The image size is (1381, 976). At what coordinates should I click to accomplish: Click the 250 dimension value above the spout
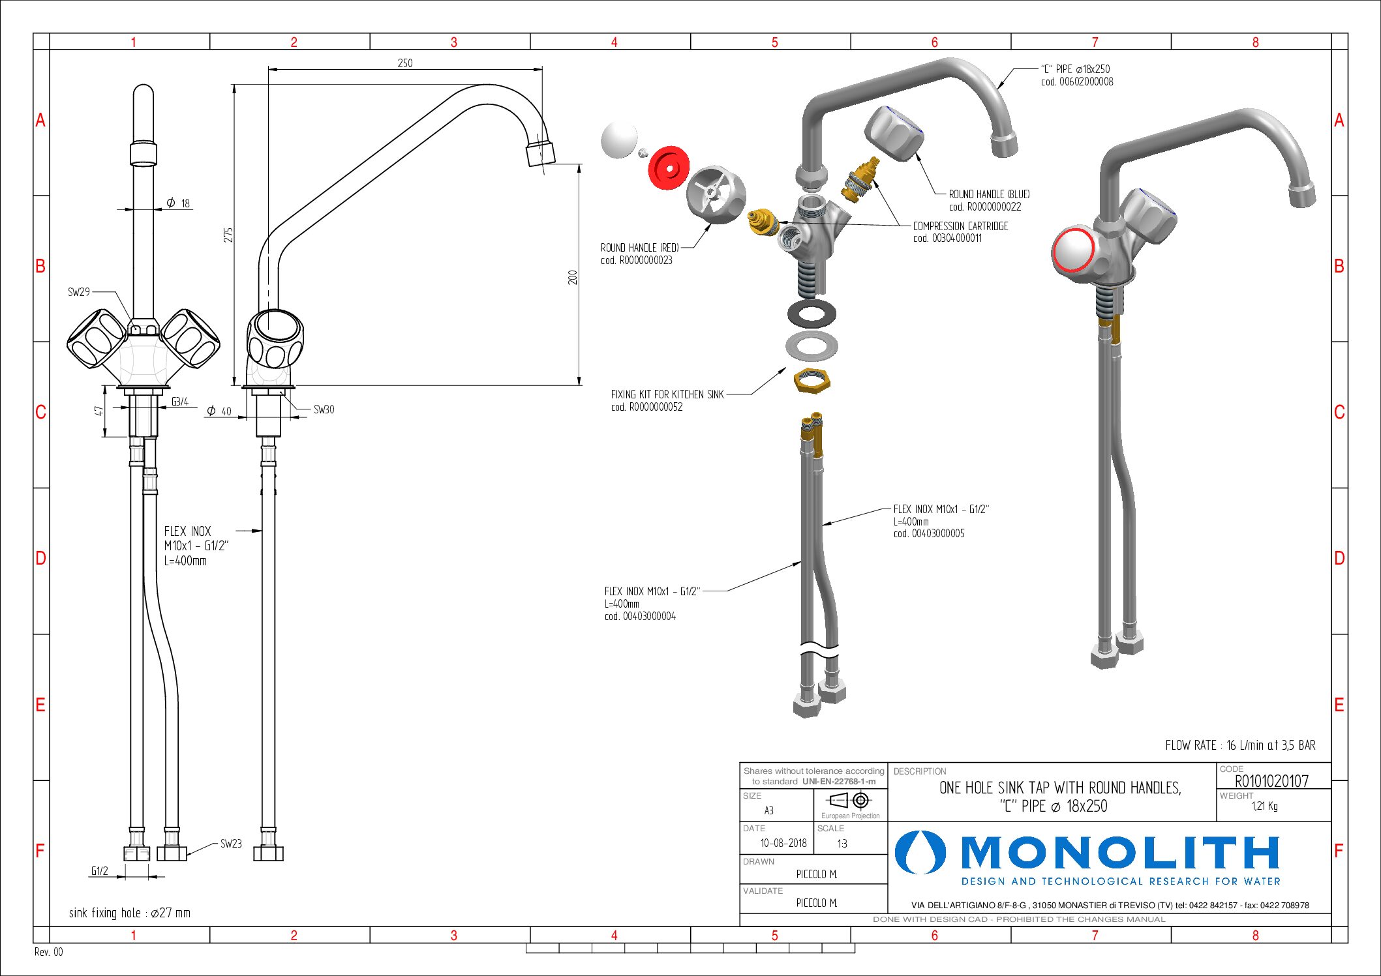[405, 63]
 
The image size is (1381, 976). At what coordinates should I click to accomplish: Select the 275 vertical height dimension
[228, 235]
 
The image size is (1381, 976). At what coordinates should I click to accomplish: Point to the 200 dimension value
[573, 277]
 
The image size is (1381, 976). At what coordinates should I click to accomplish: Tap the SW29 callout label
[79, 292]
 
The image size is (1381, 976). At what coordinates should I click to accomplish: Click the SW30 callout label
[324, 409]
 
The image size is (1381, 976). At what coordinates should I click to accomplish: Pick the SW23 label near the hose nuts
[231, 844]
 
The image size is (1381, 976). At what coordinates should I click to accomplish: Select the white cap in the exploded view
[619, 140]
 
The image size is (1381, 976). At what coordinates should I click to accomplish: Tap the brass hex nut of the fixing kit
[812, 380]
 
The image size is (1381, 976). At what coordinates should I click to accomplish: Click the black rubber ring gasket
[812, 314]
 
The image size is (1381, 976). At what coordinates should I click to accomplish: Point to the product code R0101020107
[1271, 781]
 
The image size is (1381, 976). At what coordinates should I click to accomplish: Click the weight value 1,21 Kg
[1264, 806]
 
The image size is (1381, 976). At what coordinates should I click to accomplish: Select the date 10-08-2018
[783, 843]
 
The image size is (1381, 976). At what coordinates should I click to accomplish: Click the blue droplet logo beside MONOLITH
[920, 853]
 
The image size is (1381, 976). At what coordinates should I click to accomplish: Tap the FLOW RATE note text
[1240, 745]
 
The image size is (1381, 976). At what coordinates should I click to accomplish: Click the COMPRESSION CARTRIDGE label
[960, 226]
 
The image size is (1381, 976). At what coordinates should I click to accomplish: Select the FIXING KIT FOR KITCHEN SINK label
[667, 394]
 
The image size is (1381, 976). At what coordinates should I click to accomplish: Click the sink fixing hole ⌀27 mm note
[130, 913]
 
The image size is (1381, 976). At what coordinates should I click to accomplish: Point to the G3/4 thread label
[180, 402]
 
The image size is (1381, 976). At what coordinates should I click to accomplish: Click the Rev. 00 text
[49, 952]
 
